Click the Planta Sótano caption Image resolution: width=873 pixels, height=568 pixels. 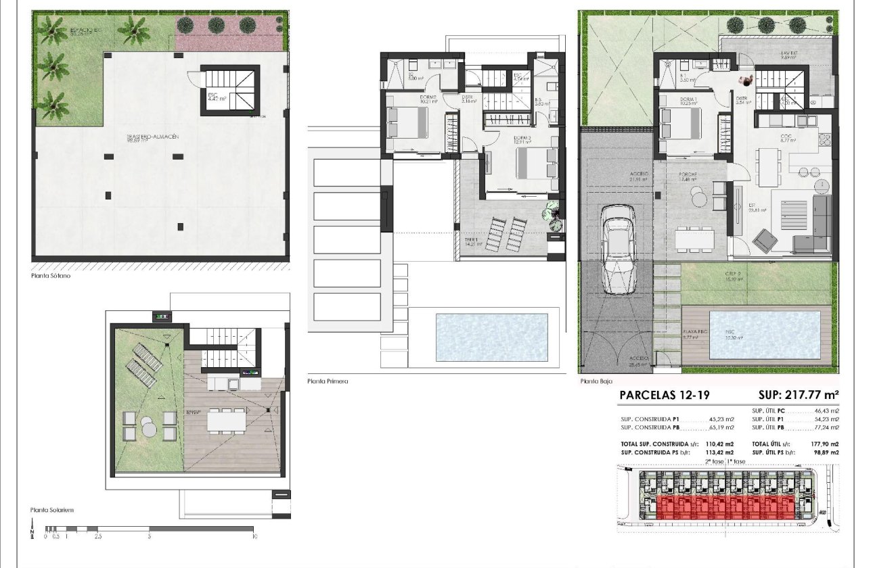pos(51,275)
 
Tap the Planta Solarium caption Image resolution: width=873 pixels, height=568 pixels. pos(51,510)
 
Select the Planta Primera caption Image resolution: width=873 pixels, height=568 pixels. pos(328,381)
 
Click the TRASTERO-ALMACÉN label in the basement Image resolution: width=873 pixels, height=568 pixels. pos(152,137)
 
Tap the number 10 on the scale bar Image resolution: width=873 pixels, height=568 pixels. pos(254,537)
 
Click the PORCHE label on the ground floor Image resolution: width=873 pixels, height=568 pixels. pos(690,174)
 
